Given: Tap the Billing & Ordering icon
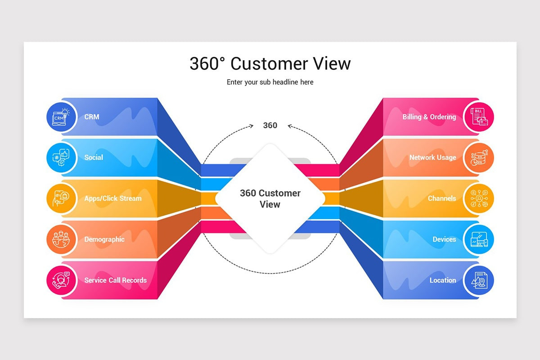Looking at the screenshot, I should pyautogui.click(x=479, y=117).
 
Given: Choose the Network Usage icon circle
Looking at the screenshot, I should pyautogui.click(x=479, y=157).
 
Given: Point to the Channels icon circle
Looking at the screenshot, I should pyautogui.click(x=479, y=198).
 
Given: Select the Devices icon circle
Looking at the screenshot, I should pyautogui.click(x=479, y=239).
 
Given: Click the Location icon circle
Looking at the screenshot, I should pyautogui.click(x=479, y=280).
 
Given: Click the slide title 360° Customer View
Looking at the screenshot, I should pyautogui.click(x=270, y=63).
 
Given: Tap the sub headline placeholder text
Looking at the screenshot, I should pyautogui.click(x=270, y=82).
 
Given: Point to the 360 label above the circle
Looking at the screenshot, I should pyautogui.click(x=270, y=126).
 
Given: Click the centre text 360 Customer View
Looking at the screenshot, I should pyautogui.click(x=270, y=198).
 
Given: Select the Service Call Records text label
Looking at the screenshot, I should pyautogui.click(x=115, y=280).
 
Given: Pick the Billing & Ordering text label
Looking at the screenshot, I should pyautogui.click(x=429, y=117).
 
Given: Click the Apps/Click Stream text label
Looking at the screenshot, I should pyautogui.click(x=112, y=198).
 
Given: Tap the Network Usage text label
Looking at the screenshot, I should pyautogui.click(x=432, y=157).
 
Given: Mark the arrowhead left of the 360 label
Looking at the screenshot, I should pyautogui.click(x=252, y=126).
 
